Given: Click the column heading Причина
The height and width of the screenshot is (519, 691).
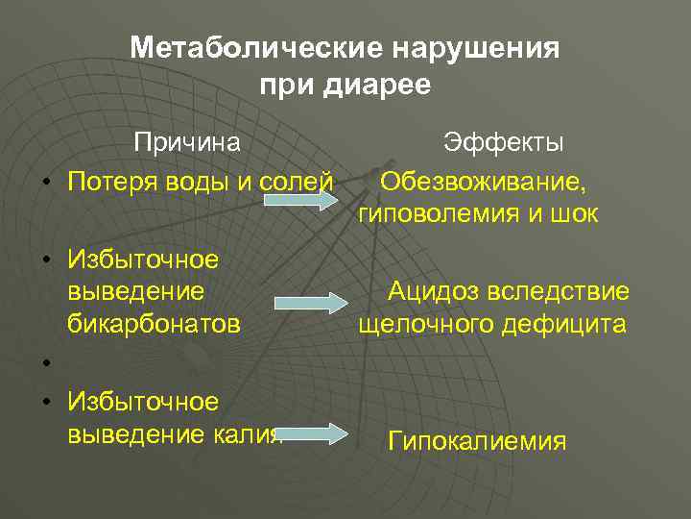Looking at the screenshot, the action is (x=187, y=143).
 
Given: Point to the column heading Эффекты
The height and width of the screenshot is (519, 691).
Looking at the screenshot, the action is (x=503, y=143).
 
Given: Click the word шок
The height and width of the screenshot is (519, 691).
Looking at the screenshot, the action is (x=574, y=213).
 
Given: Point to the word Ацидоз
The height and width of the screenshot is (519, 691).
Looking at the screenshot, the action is (x=433, y=291).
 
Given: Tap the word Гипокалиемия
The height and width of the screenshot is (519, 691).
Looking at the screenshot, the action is (x=477, y=441).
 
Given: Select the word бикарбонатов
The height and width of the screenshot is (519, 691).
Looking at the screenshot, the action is (x=154, y=323).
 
